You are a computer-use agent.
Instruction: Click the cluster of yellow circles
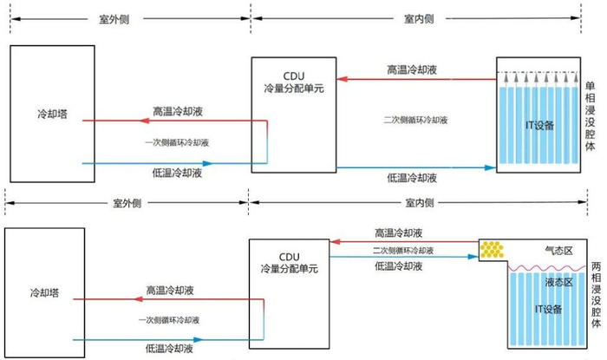click(492, 250)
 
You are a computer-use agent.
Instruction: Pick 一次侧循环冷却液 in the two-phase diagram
click(169, 320)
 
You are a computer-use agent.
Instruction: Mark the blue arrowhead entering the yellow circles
click(473, 257)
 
